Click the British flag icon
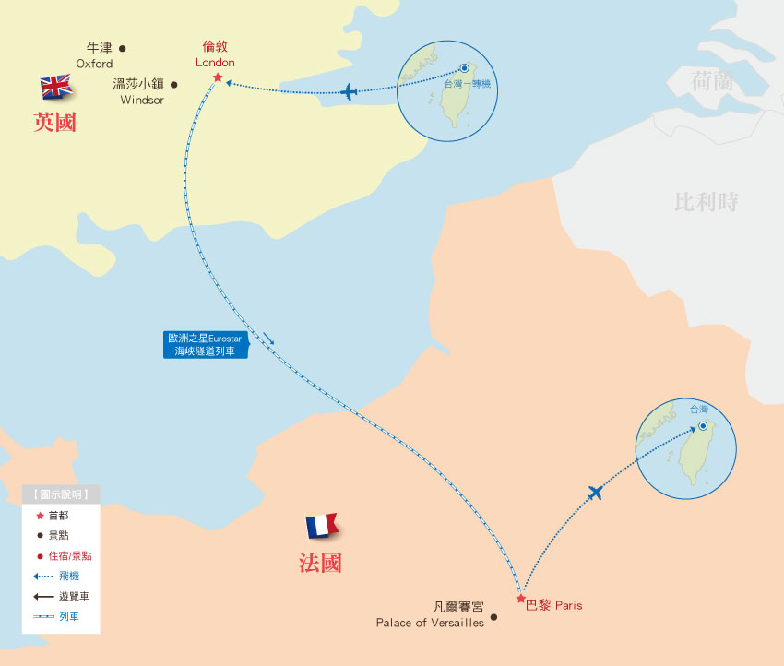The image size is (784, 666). click(56, 88)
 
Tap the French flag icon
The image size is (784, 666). click(322, 527)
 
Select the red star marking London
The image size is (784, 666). click(218, 77)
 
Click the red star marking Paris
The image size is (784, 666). click(520, 599)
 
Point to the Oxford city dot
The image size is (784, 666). click(123, 49)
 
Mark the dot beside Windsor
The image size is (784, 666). click(173, 84)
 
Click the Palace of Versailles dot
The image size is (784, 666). click(494, 618)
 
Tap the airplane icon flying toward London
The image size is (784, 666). click(349, 92)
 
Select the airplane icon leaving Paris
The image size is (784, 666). click(595, 494)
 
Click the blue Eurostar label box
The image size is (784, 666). click(204, 345)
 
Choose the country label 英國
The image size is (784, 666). click(54, 123)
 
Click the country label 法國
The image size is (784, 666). click(320, 564)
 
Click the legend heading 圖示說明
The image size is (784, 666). click(61, 495)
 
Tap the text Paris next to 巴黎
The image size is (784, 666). click(568, 606)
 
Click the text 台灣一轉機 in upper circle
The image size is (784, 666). click(468, 84)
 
